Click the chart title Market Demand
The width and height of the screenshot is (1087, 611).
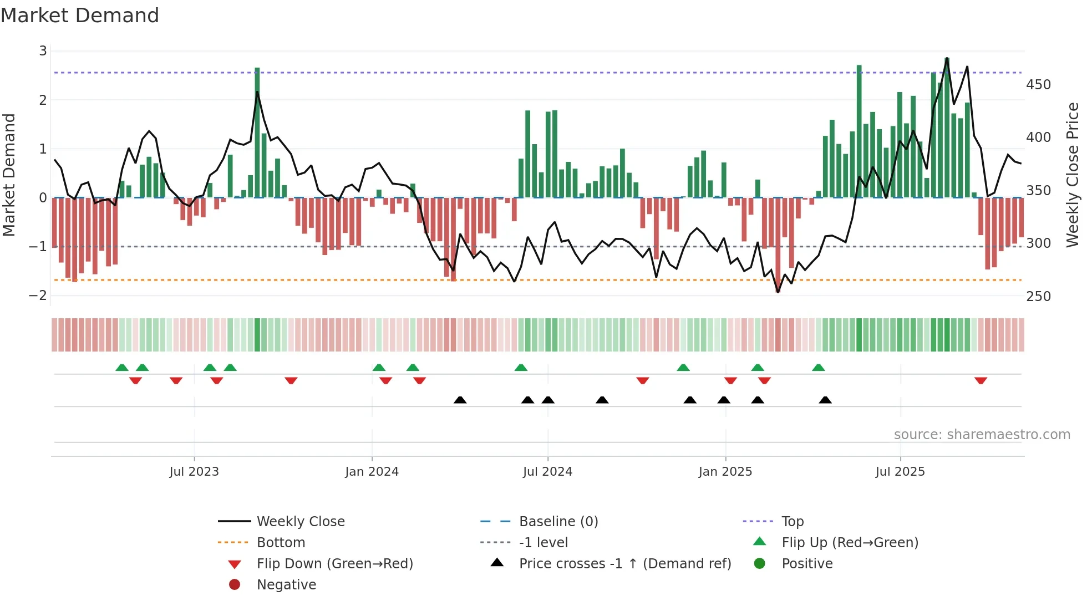80,16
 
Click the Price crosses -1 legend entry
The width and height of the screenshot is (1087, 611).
624,563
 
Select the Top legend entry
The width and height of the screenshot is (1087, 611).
792,521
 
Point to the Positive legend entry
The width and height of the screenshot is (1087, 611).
807,563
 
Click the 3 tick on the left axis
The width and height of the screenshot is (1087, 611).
43,51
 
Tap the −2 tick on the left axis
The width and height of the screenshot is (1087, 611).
38,296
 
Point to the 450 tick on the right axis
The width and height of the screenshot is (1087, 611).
1038,85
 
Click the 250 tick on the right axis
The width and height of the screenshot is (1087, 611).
1038,297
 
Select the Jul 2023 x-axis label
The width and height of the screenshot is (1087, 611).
194,472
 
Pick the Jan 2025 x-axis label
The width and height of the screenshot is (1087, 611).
725,472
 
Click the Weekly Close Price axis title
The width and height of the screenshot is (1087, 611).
1073,175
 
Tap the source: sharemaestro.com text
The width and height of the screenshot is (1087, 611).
982,435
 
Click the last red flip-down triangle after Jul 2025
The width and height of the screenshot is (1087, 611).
981,380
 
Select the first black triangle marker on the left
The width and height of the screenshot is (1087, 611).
460,400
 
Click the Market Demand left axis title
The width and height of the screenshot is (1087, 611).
9,175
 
